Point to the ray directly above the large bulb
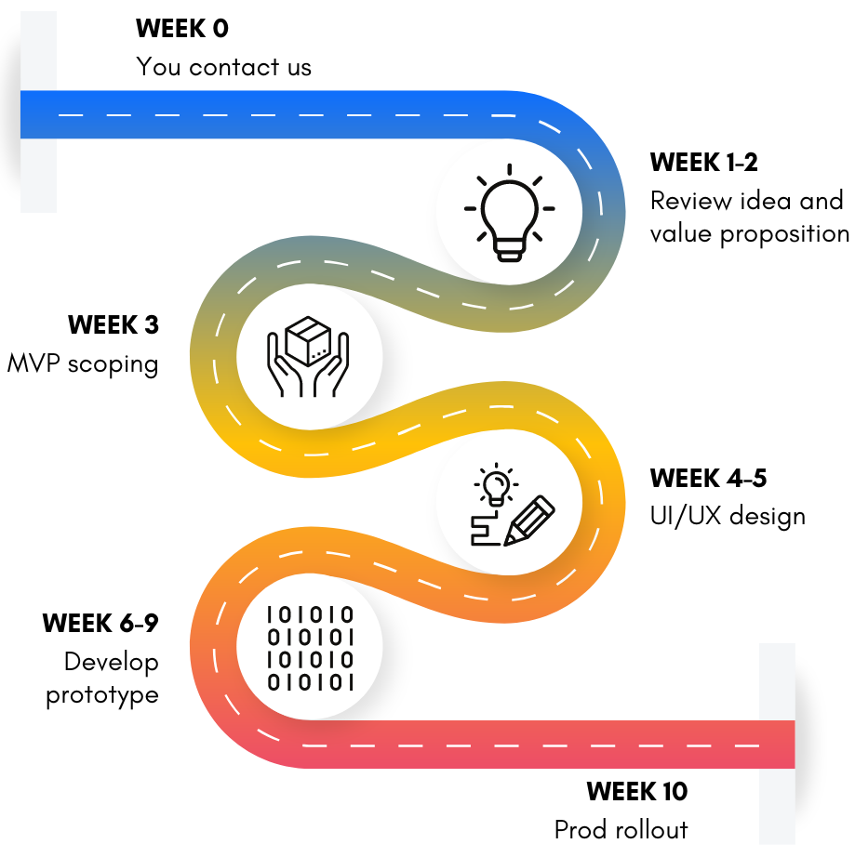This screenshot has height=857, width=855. tap(509, 169)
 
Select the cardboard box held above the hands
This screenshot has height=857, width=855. tap(309, 340)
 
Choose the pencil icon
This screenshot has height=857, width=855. tap(528, 521)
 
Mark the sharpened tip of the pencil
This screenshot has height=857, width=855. tap(507, 542)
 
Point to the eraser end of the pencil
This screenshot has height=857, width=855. tap(546, 504)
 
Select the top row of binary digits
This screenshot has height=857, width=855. tap(310, 614)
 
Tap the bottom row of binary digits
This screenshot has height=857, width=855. tap(310, 683)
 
